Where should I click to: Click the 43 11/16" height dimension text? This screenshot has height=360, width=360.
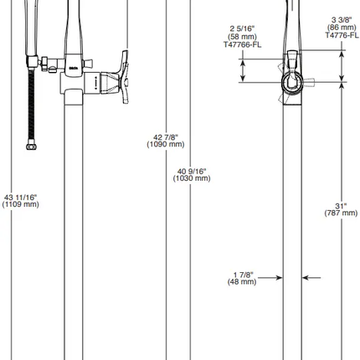(20, 198)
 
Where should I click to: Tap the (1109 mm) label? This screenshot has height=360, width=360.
(20, 204)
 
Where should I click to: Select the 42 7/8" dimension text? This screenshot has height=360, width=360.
(165, 137)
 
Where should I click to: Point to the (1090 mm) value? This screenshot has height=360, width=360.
(165, 144)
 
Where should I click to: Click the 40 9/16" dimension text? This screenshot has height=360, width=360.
(191, 171)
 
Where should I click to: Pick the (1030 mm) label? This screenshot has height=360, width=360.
(191, 177)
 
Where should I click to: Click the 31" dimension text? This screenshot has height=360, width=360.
(341, 206)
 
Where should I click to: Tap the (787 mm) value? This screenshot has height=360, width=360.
(341, 213)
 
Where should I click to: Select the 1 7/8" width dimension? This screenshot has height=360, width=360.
(243, 275)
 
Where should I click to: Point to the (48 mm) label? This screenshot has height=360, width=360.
(242, 281)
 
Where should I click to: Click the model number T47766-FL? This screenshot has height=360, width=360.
(242, 44)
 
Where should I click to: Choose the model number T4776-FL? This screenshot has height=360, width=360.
(341, 34)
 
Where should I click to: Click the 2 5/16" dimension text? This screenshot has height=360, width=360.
(242, 29)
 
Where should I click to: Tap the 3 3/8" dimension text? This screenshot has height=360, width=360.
(341, 19)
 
